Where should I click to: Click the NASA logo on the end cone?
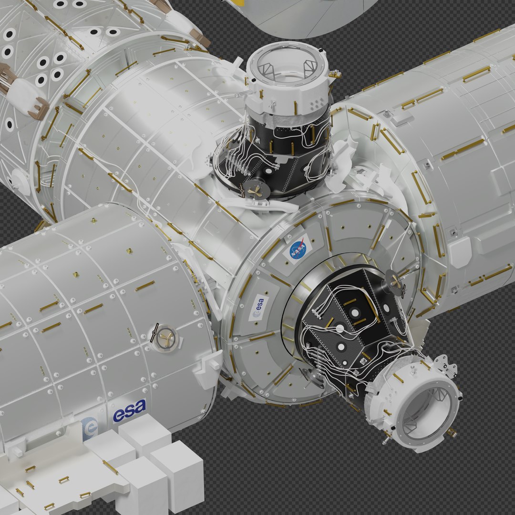[298, 249]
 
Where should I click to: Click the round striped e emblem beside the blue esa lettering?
[90, 428]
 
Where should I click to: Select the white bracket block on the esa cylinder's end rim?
[208, 366]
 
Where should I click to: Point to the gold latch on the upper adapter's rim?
[335, 74]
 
